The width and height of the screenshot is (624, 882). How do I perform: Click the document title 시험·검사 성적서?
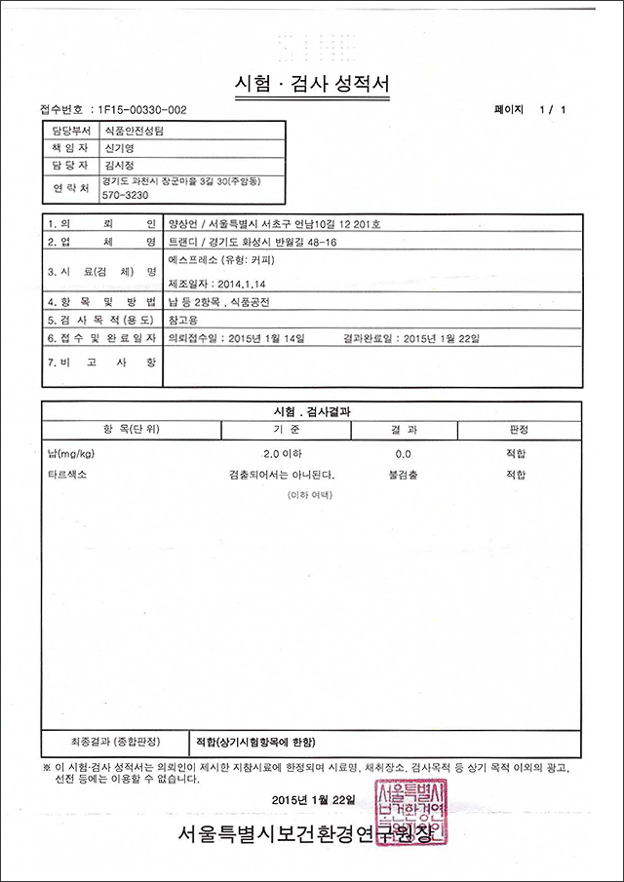(x=312, y=84)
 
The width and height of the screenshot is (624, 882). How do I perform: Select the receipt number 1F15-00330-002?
(x=136, y=109)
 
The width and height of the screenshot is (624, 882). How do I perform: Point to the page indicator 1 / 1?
(x=551, y=109)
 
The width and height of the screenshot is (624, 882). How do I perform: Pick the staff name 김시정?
(x=118, y=166)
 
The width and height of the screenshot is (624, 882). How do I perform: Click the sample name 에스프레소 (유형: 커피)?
(x=219, y=260)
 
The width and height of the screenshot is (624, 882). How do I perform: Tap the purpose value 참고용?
(x=182, y=319)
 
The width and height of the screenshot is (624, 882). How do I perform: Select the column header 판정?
(x=518, y=429)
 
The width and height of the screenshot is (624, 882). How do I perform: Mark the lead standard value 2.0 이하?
(x=285, y=454)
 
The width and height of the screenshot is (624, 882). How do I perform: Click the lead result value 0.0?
(x=403, y=454)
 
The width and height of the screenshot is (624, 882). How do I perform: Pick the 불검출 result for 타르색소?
(x=403, y=476)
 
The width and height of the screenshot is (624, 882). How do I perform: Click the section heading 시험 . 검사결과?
(x=312, y=410)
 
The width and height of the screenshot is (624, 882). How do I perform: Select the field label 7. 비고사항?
(x=101, y=361)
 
